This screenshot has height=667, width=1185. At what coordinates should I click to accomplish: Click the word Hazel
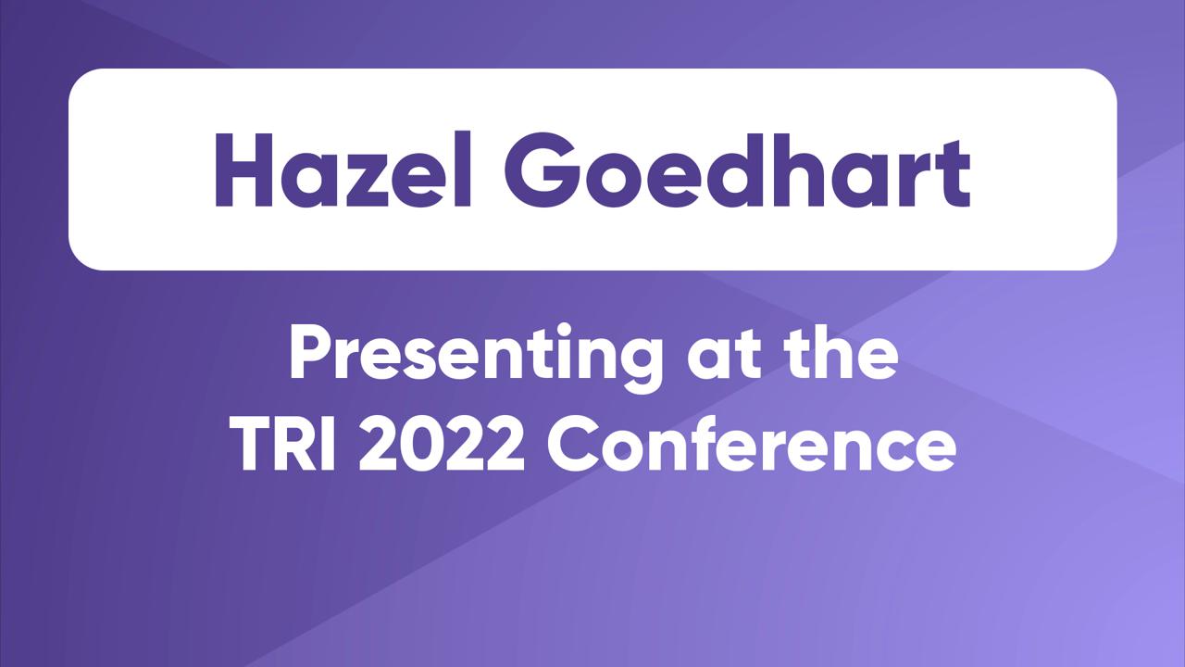[x=343, y=170]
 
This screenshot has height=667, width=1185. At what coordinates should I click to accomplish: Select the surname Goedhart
[x=738, y=170]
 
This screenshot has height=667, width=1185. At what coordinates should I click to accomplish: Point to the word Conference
[x=752, y=444]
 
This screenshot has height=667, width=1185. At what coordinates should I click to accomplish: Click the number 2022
[x=442, y=444]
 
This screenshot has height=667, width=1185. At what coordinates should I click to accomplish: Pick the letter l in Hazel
[x=465, y=169]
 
